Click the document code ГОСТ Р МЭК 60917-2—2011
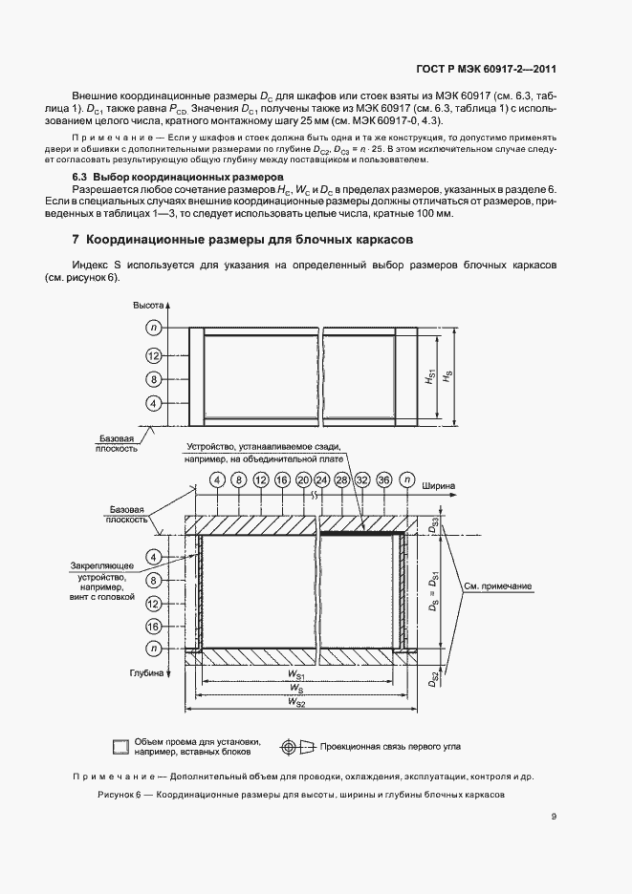(488, 68)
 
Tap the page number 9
(555, 816)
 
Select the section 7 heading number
(76, 241)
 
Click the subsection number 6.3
(81, 179)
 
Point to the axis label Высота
(149, 304)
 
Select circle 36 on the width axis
(383, 479)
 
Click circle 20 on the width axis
(303, 479)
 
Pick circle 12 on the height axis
(153, 354)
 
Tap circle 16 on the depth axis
(153, 627)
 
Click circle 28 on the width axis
(342, 479)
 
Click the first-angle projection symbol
(292, 745)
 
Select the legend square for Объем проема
(120, 746)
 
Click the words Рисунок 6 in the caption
(120, 795)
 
